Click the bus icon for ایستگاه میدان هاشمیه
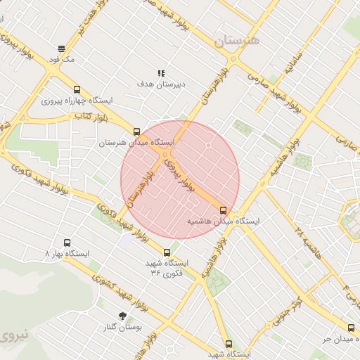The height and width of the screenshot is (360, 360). (224, 210)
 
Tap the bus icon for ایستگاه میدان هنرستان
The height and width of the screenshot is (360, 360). (136, 131)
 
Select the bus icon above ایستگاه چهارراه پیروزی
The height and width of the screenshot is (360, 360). (77, 89)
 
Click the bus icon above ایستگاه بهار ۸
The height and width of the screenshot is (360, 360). (67, 242)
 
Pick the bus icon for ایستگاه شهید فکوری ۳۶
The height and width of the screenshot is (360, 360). (167, 252)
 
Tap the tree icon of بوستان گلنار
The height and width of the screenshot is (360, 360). (123, 316)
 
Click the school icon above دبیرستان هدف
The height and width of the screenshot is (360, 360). (161, 72)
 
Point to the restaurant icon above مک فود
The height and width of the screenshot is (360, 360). (62, 49)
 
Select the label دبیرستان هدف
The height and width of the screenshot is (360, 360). (161, 84)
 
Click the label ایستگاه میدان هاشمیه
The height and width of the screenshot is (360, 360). (222, 221)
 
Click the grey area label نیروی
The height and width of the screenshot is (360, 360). (13, 336)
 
